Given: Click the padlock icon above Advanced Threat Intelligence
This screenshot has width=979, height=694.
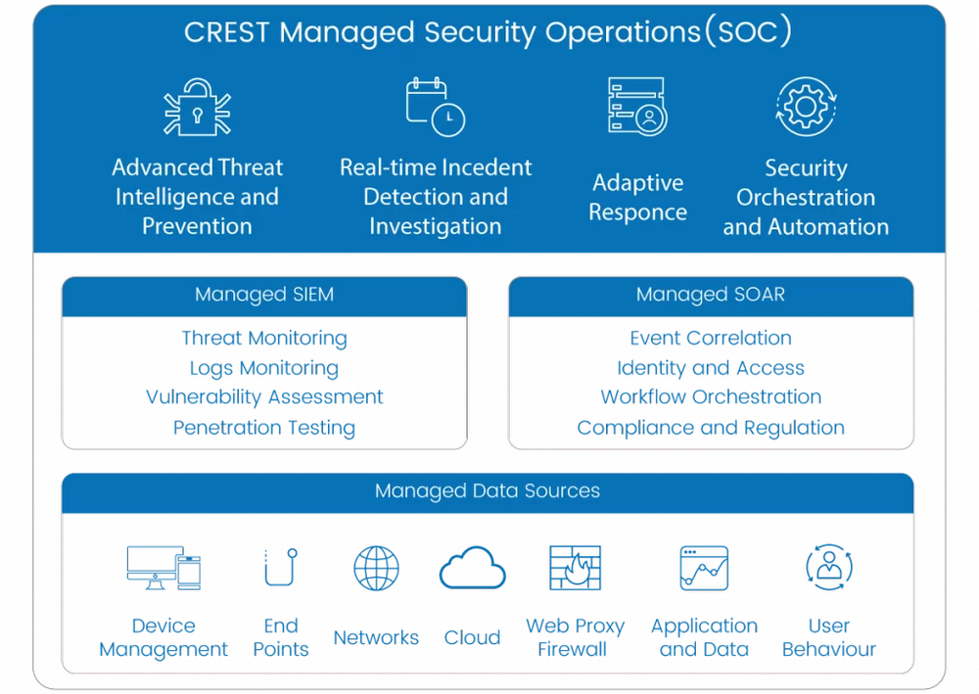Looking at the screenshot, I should tap(197, 109).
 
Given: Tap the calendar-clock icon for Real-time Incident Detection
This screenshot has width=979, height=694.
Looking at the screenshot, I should tap(436, 107).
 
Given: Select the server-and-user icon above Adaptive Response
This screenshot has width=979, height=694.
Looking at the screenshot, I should tap(637, 107).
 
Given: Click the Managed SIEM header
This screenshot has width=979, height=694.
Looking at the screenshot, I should tap(264, 295).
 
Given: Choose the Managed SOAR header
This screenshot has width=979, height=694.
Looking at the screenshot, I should tap(711, 295).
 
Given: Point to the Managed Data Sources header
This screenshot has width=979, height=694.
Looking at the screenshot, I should tap(488, 491).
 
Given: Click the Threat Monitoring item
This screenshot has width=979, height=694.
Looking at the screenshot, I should tap(264, 339).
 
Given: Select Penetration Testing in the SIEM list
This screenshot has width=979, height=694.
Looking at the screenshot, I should tap(264, 428).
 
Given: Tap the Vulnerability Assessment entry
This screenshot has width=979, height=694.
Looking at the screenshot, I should tap(264, 397).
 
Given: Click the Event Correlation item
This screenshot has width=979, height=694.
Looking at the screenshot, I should tap(711, 339).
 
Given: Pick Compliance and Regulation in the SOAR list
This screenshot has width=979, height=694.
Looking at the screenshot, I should tap(711, 428).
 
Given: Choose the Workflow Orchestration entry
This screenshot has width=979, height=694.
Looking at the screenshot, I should tap(711, 397).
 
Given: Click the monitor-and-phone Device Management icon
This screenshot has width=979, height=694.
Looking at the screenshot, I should tap(163, 568).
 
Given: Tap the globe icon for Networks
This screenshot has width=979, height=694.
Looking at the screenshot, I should tap(376, 568).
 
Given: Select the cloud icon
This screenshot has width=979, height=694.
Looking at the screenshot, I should tap(472, 569).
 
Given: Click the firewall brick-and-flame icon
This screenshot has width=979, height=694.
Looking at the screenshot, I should tap(575, 568).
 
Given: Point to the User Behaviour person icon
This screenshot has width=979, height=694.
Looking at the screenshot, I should tap(828, 568).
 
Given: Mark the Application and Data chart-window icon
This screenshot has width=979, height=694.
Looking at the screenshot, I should tap(704, 568).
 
